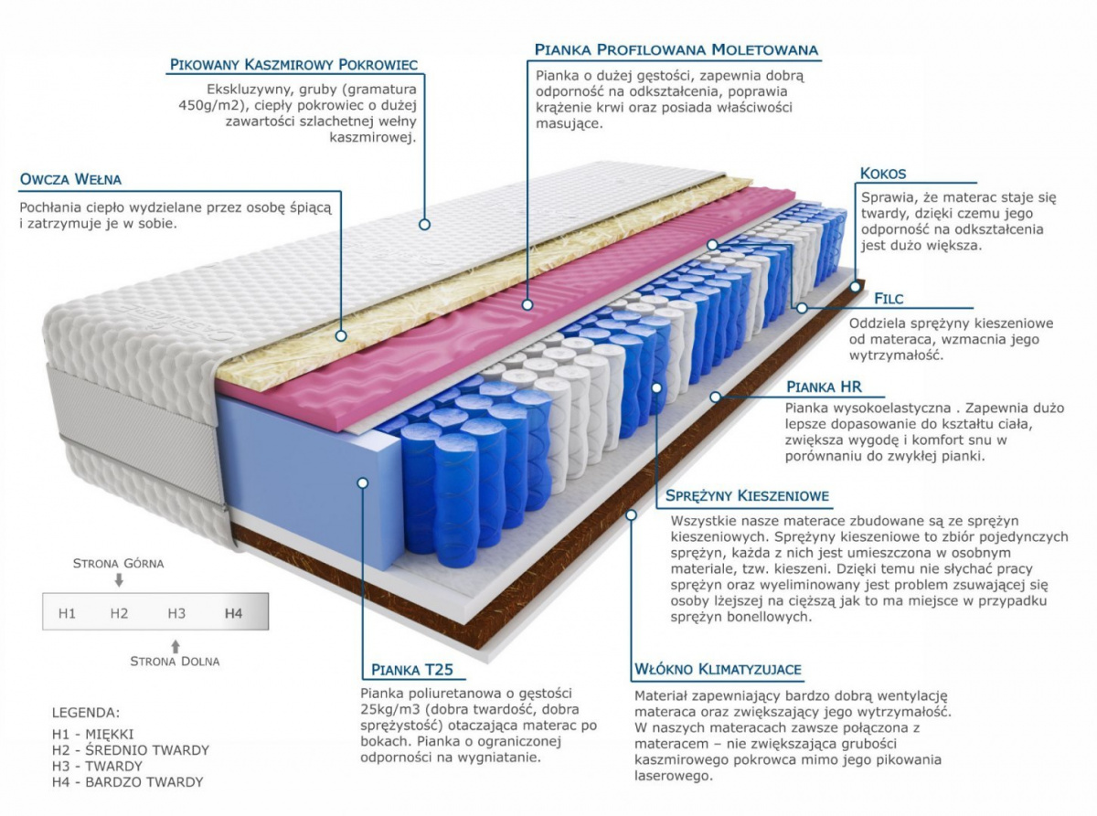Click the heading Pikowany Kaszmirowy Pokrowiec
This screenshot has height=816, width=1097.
(293, 65)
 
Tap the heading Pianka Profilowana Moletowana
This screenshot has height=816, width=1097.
(676, 49)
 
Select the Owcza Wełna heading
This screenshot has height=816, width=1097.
(70, 179)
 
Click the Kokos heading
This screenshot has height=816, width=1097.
(883, 174)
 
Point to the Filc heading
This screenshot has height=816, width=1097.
(889, 299)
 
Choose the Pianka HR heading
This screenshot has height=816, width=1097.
(824, 387)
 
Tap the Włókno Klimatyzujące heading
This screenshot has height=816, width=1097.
(718, 670)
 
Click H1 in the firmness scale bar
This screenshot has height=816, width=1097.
(67, 613)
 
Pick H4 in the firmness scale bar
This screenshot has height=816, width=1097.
(233, 613)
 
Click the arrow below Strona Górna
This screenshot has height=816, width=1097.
(119, 580)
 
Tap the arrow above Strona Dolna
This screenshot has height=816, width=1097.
(175, 645)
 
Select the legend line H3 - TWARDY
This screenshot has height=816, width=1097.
(98, 766)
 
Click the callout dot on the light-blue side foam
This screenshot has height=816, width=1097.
(363, 482)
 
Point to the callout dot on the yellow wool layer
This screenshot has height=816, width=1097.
(341, 335)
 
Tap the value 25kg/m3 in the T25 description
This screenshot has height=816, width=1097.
(392, 709)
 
